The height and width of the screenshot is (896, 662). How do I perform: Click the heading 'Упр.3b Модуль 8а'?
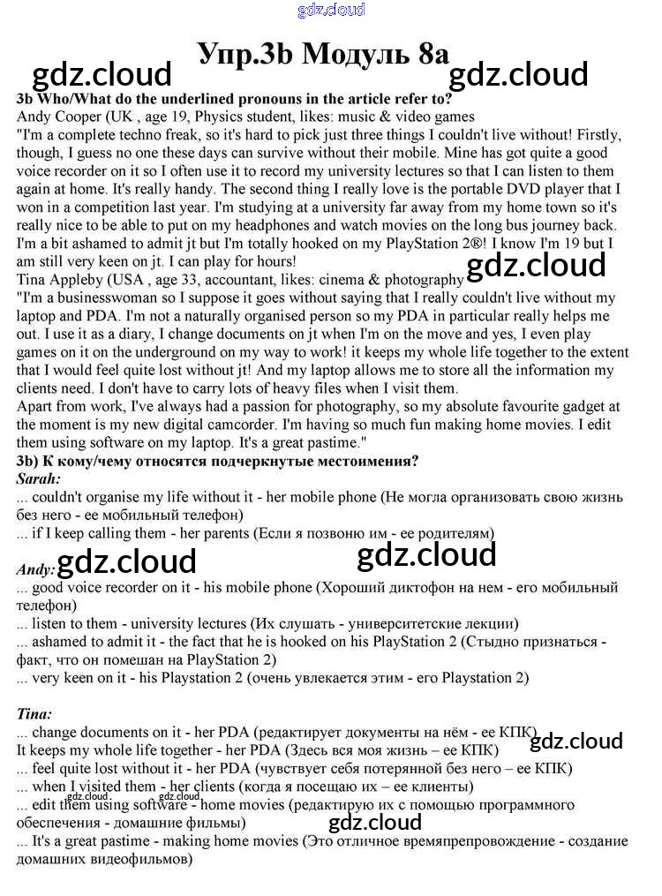point(324,53)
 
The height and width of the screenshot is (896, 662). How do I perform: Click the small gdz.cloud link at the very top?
point(331,11)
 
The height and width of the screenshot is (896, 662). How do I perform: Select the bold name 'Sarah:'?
point(39,478)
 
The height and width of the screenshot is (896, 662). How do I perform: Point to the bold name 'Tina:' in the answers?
point(34,712)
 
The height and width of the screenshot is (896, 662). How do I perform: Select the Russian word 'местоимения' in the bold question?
point(364,461)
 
